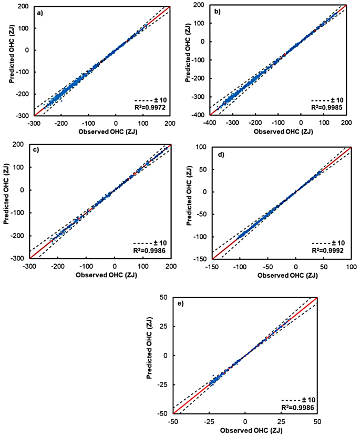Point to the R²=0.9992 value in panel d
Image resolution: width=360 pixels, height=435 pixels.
[328, 250]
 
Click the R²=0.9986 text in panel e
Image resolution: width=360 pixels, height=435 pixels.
[297, 407]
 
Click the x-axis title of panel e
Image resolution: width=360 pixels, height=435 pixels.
[244, 430]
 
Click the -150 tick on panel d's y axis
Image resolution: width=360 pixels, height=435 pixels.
[201, 258]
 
